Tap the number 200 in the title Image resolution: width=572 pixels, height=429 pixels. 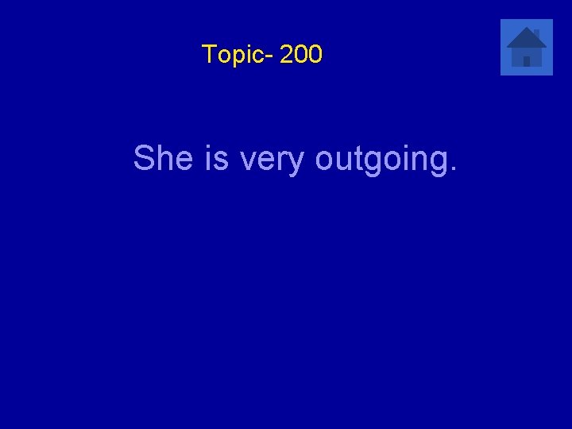pos(301,55)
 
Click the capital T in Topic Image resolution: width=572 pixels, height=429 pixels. pos(208,54)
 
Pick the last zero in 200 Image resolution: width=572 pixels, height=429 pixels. pos(315,55)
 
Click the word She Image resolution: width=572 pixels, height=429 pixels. pos(164,158)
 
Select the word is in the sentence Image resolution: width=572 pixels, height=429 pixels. pos(217,158)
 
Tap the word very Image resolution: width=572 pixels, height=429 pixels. pos(272,161)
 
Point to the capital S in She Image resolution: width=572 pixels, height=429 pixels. pos(144,158)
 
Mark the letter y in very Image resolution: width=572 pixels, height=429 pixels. pos(297,164)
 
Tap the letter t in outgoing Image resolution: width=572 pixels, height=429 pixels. pos(358,159)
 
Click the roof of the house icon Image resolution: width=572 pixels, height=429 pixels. pos(525,38)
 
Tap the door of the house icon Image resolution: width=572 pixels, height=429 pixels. pos(527,61)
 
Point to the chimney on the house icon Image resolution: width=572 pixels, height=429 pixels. pos(536,33)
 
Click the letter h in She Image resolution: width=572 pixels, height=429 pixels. pos(164,158)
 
